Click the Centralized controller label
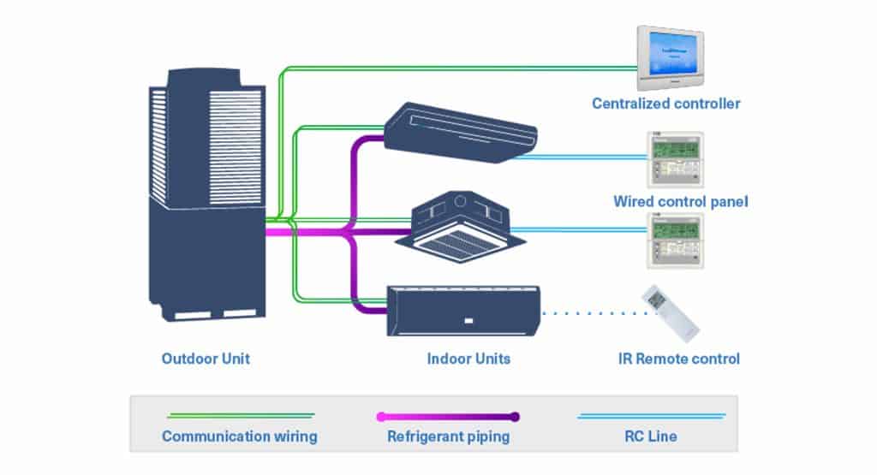(665, 104)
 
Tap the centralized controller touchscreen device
(670, 57)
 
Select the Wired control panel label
(681, 202)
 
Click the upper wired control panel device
(674, 159)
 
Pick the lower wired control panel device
(674, 241)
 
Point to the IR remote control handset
(670, 312)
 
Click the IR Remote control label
(678, 359)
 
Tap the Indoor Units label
(468, 359)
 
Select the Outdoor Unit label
(206, 359)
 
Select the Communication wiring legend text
(240, 436)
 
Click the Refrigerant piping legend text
(448, 436)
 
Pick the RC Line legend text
(651, 436)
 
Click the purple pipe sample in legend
(448, 417)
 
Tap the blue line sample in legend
(651, 416)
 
